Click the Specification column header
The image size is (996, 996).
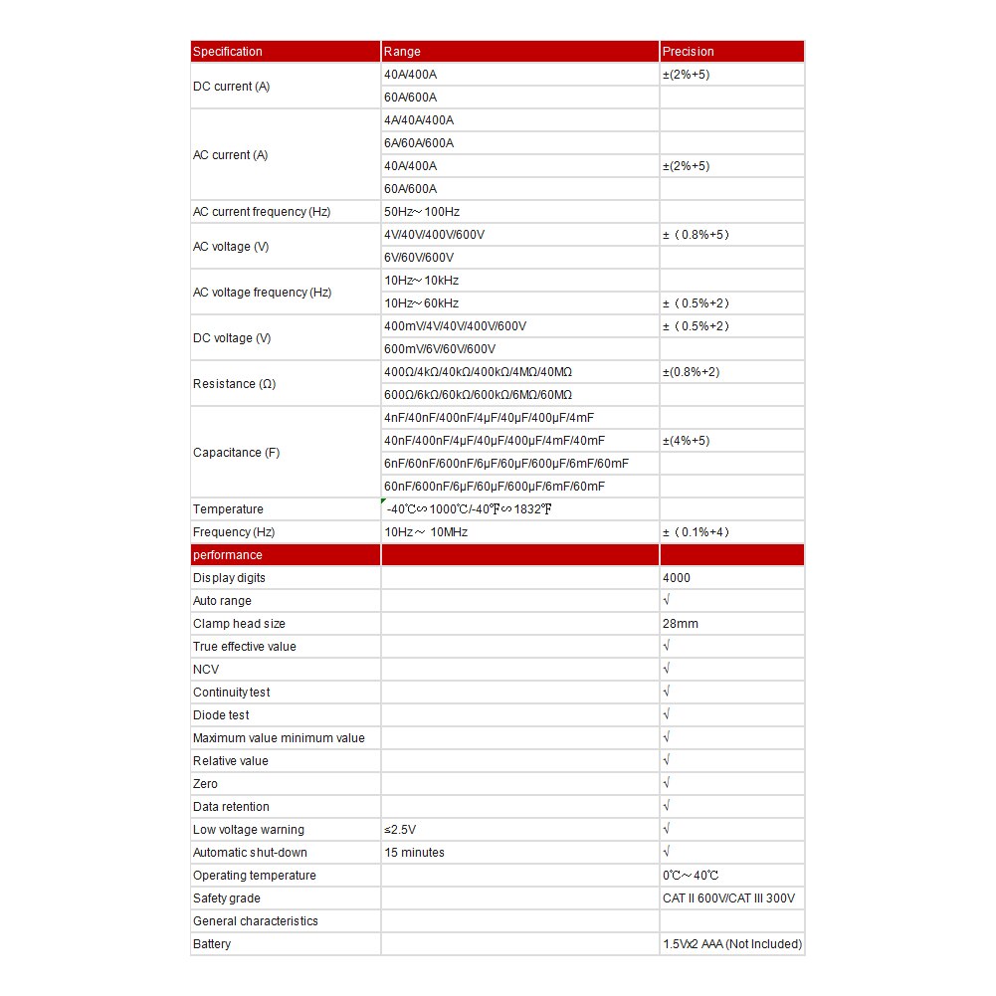click(228, 52)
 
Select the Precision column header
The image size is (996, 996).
click(689, 52)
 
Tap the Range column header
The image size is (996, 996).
click(403, 52)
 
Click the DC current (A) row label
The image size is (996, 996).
click(231, 87)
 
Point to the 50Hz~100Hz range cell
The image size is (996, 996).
click(422, 212)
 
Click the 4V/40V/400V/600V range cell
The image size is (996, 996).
click(434, 235)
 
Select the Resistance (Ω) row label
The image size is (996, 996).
click(234, 384)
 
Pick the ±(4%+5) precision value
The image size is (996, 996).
click(686, 441)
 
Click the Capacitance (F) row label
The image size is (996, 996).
click(236, 453)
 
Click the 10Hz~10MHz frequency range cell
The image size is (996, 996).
click(426, 532)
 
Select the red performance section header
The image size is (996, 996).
click(228, 555)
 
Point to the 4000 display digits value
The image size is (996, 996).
click(677, 578)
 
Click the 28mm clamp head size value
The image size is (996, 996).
click(681, 624)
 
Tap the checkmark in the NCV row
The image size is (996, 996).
click(666, 670)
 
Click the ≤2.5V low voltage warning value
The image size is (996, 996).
click(400, 830)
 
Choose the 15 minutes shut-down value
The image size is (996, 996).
click(415, 853)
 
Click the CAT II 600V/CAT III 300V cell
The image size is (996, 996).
click(728, 898)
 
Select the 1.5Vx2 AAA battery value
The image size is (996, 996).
click(731, 944)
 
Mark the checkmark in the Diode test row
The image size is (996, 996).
click(666, 715)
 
